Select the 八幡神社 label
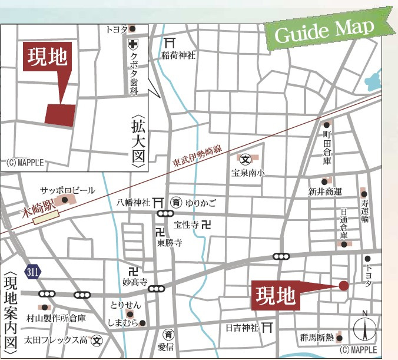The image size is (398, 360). [134, 203]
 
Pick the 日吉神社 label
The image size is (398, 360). [243, 327]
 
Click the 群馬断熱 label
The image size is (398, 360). [317, 338]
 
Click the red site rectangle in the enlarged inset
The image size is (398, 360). [61, 114]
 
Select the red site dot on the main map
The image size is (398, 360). [344, 286]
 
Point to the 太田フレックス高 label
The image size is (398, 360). [56, 340]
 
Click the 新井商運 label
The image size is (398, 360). [325, 191]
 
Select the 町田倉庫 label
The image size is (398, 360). [327, 147]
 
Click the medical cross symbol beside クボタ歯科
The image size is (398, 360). [134, 44]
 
